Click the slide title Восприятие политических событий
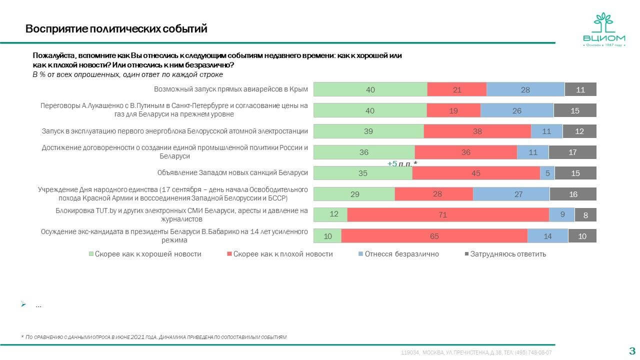pos(116,29)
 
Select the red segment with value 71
pos(448,214)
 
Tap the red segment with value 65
pos(434,236)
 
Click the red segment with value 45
pos(476,173)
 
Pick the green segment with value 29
pos(354,194)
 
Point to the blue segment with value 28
pos(525,89)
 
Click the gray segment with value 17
pos(572,152)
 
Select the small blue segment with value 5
pos(547,173)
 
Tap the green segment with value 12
pos(330,214)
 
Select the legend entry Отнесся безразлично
pos(398,254)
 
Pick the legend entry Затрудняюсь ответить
pos(505,254)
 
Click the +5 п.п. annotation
pos(402,163)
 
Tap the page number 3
pos(631,350)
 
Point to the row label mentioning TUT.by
pos(181,214)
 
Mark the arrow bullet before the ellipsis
pos(23,304)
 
